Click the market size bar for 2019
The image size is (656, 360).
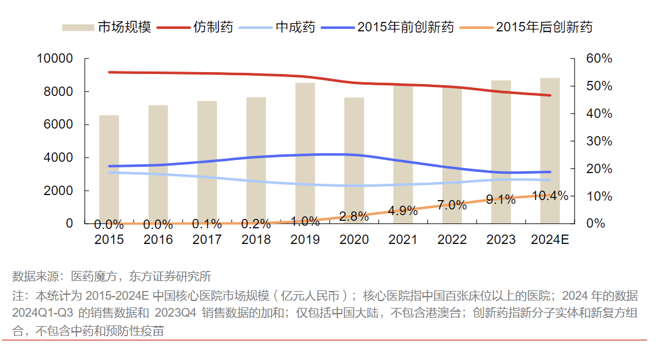pyautogui.click(x=305, y=153)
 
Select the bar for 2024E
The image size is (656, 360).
pyautogui.click(x=550, y=151)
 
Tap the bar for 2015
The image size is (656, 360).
pyautogui.click(x=109, y=169)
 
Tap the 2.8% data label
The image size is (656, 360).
pyautogui.click(x=354, y=216)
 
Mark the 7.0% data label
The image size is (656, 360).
pyautogui.click(x=452, y=205)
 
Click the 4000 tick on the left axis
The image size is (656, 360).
pyautogui.click(x=60, y=157)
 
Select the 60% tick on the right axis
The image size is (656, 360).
pyautogui.click(x=599, y=59)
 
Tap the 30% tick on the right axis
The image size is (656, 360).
pyautogui.click(x=599, y=141)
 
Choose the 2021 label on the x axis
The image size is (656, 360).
pyautogui.click(x=403, y=240)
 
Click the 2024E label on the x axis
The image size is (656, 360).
pyautogui.click(x=550, y=240)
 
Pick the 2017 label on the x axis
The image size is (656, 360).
pyautogui.click(x=207, y=240)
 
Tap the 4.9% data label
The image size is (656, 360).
pyautogui.click(x=403, y=211)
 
